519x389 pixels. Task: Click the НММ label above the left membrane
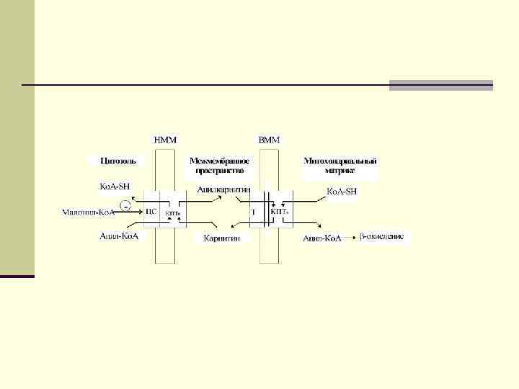(165, 139)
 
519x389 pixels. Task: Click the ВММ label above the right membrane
(269, 139)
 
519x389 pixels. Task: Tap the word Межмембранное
(220, 161)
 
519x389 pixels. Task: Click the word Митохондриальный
(340, 161)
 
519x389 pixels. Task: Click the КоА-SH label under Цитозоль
(115, 186)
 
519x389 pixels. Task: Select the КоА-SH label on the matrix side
(342, 192)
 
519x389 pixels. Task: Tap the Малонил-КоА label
(89, 213)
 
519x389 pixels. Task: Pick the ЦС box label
(151, 212)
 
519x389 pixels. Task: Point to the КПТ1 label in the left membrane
(174, 213)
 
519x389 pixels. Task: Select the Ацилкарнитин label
(223, 190)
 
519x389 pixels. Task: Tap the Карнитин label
(221, 238)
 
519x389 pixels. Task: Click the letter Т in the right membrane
(253, 213)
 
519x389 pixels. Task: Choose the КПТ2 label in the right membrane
(280, 213)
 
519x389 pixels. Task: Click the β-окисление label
(381, 236)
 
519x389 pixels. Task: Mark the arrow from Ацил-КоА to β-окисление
(350, 236)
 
